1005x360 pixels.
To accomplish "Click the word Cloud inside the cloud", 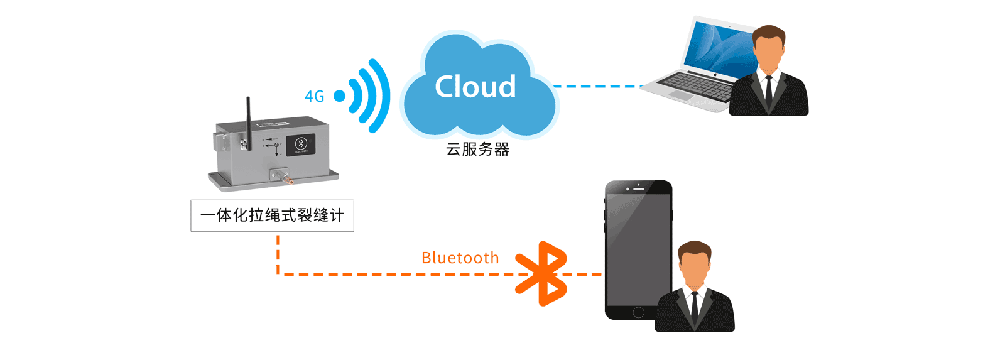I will click(475, 87).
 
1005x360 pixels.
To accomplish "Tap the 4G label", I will click(314, 97).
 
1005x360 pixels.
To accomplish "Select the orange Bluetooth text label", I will click(460, 258).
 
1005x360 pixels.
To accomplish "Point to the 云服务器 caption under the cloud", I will click(477, 150).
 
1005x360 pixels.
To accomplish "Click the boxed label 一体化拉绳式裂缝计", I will click(272, 215).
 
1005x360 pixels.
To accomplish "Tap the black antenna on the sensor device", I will click(248, 123).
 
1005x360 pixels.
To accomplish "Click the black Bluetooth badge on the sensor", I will click(301, 145).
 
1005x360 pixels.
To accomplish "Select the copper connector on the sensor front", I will click(289, 181).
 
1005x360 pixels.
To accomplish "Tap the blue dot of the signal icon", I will click(339, 96).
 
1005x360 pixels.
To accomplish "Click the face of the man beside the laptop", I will click(769, 53).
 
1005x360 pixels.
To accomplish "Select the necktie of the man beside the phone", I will click(694, 305).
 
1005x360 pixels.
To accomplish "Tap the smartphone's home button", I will click(638, 312).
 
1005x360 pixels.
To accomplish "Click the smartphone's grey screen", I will click(638, 248).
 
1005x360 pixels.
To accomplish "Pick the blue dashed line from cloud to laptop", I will click(597, 86).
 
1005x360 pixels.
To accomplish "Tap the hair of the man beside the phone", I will click(695, 247).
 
